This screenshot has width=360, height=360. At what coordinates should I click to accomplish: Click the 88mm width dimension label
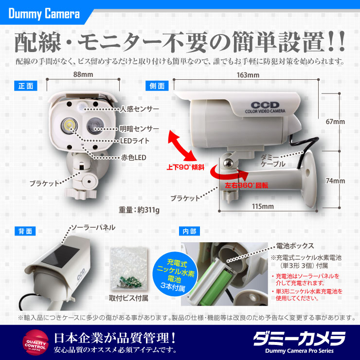[x=83, y=74]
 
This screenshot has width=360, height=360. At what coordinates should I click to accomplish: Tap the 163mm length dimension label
[x=248, y=75]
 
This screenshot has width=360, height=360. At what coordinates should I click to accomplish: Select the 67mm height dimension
[x=335, y=122]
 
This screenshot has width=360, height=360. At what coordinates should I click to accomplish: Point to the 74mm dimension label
[x=335, y=180]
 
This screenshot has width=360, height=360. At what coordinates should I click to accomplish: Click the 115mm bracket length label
[x=263, y=206]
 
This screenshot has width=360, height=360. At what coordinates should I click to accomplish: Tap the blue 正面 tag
[x=26, y=86]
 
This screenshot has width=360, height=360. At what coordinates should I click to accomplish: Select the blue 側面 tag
[x=157, y=86]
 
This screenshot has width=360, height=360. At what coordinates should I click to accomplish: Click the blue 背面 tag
[x=25, y=231]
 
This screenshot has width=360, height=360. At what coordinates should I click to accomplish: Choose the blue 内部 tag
[x=189, y=231]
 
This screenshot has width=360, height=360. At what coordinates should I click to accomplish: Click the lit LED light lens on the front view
[x=70, y=126]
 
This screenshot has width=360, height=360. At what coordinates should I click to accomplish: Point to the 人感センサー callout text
[x=140, y=109]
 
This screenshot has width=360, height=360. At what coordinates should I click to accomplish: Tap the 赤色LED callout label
[x=134, y=158]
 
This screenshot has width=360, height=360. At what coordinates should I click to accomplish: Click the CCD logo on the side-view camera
[x=265, y=105]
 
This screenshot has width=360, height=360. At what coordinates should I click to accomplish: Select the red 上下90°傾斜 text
[x=185, y=167]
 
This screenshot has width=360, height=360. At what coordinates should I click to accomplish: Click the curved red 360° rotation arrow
[x=230, y=173]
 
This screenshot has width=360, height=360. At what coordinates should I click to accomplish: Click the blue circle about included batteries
[x=175, y=274]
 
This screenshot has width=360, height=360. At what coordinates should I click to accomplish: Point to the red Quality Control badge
[x=36, y=342]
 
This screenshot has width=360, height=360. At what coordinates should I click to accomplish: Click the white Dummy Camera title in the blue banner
[x=44, y=14]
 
